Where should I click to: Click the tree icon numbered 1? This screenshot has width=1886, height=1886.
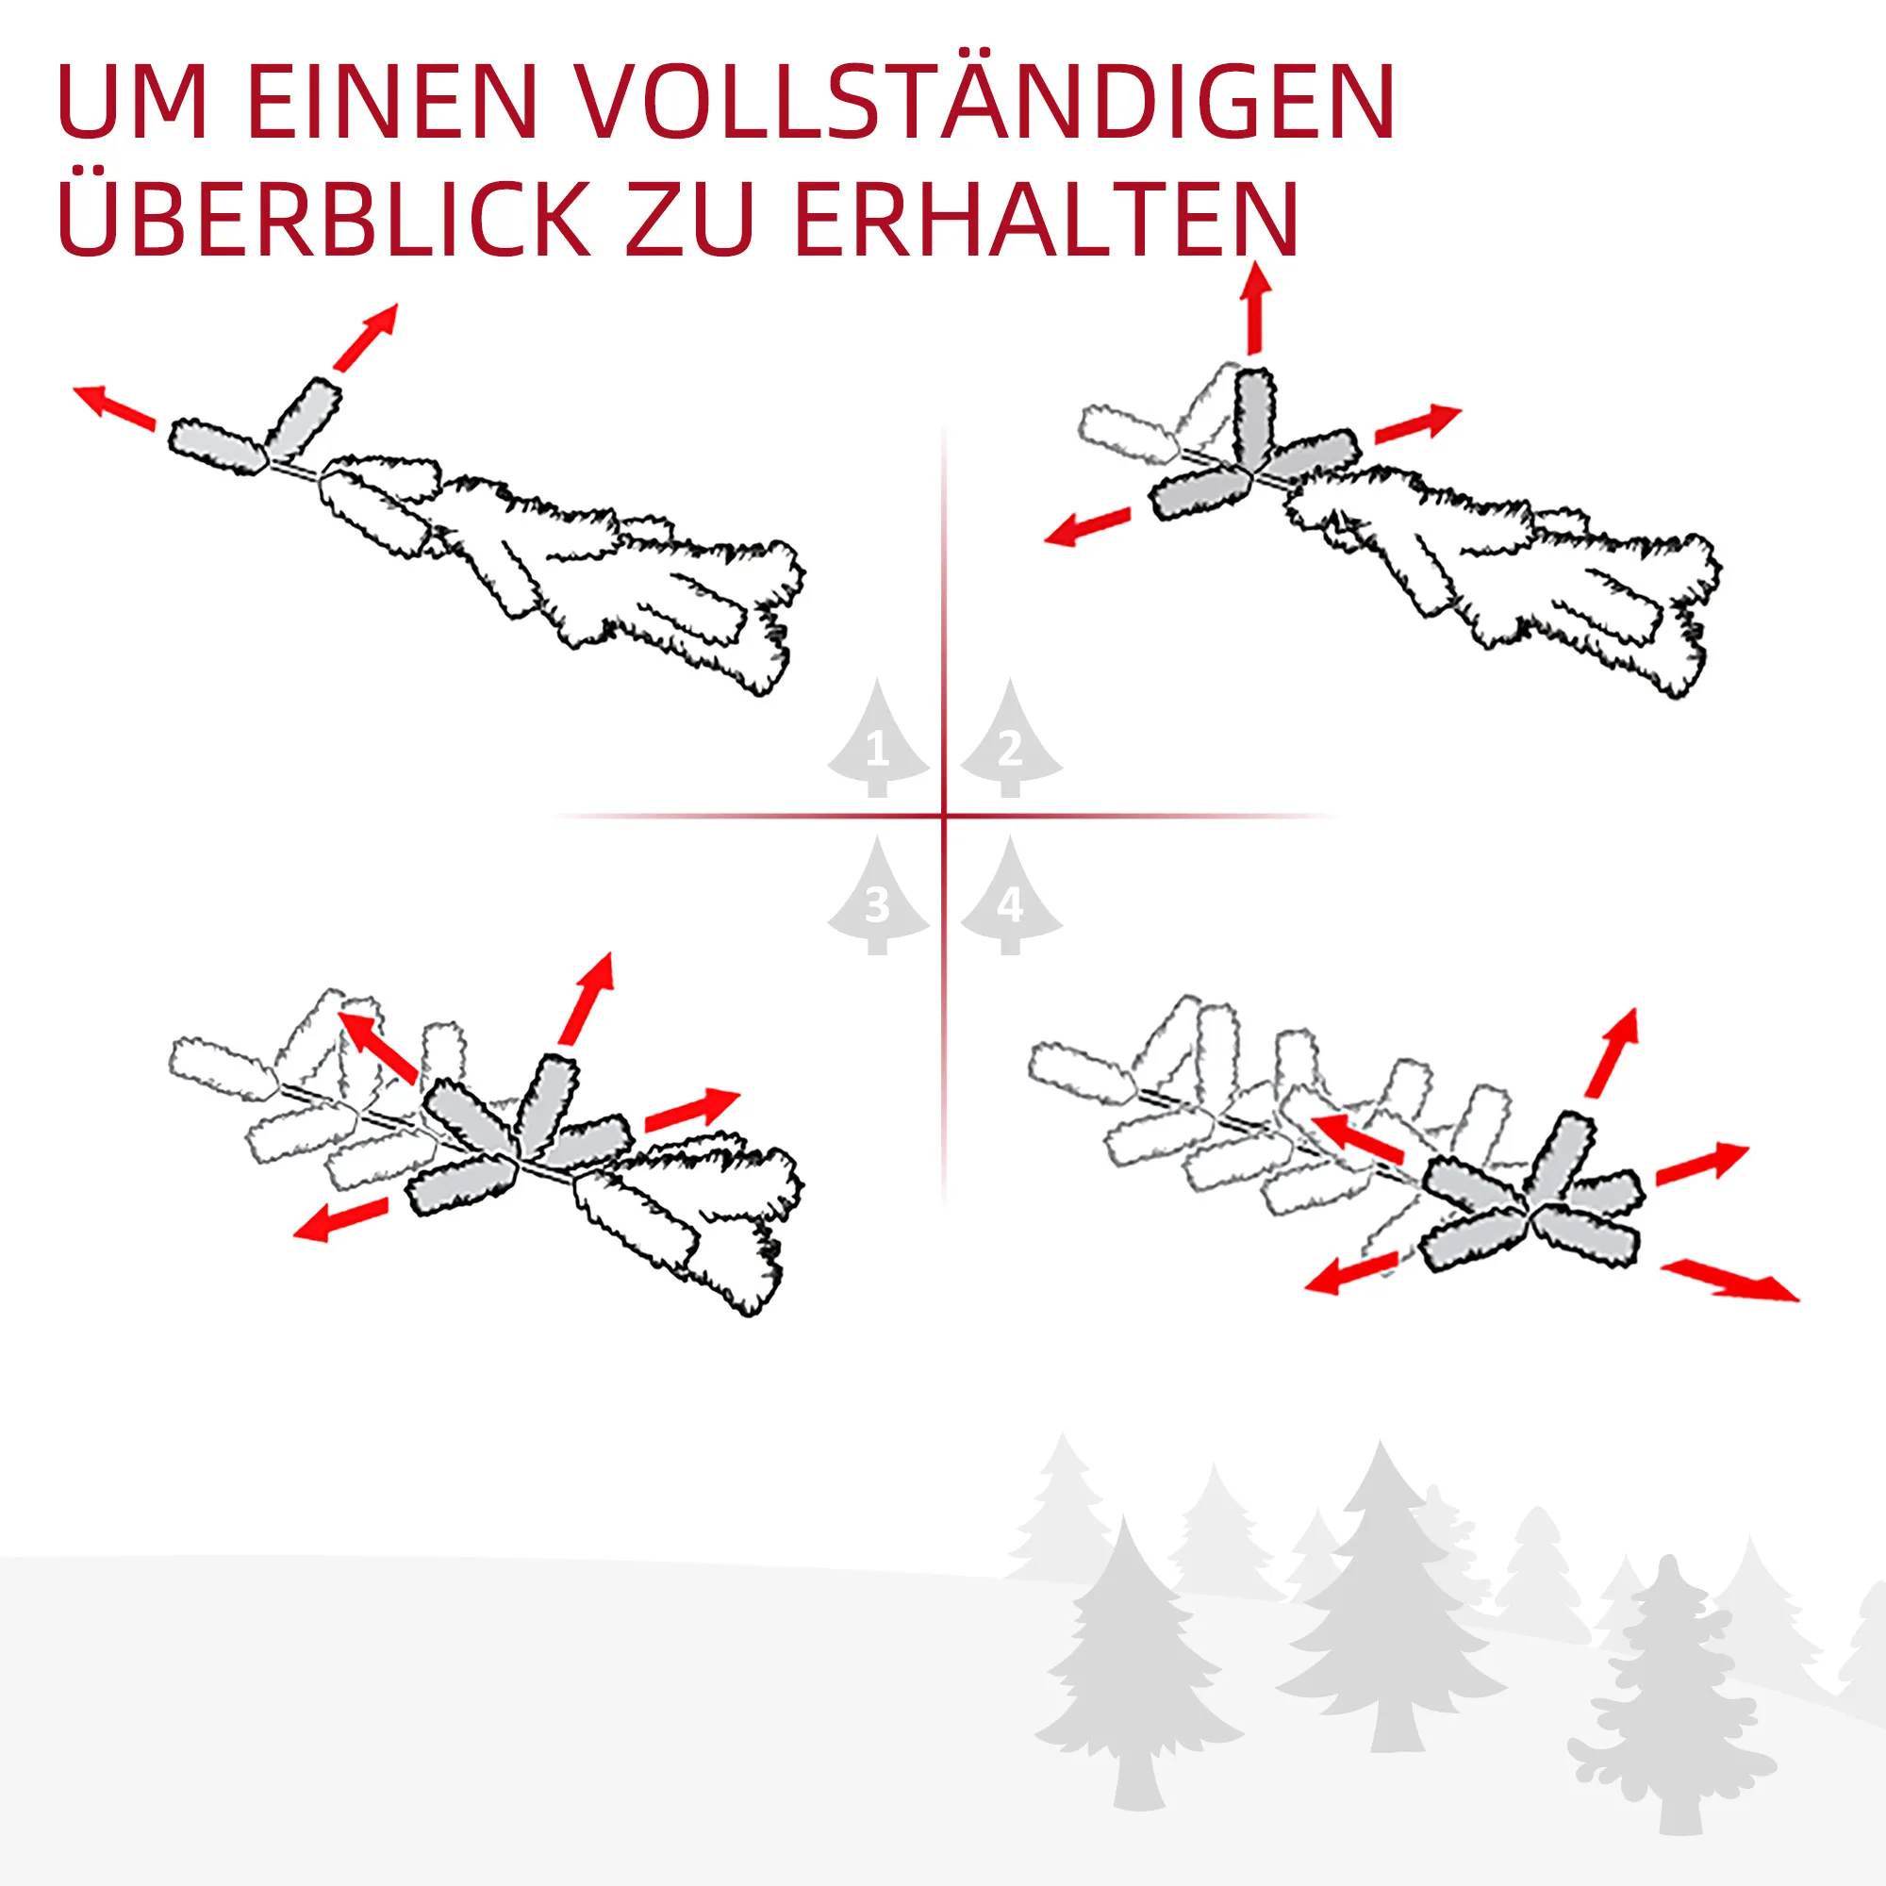pos(877,738)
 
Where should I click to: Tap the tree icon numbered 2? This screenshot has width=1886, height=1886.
pos(1010,738)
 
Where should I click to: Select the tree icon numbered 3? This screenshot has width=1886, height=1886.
pos(877,895)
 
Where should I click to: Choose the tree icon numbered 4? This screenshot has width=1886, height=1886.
pos(1010,895)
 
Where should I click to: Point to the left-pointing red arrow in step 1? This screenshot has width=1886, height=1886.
pos(114,407)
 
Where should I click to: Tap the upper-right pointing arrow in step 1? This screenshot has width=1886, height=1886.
pos(366,337)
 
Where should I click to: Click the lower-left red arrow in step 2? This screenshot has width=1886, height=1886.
pos(1087,526)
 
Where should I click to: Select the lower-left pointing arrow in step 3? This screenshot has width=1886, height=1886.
pos(340,1219)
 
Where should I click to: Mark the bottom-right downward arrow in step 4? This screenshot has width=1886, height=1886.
pos(1729,1281)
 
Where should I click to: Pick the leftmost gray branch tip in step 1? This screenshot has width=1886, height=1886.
pos(217,447)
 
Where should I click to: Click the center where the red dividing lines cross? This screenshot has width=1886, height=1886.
pos(944,815)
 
